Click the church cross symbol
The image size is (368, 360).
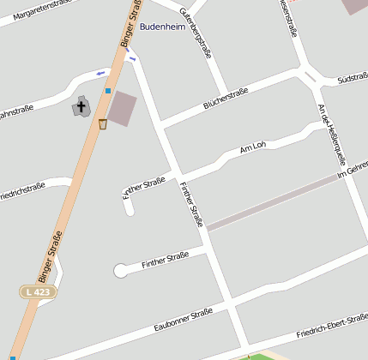tap(82, 107)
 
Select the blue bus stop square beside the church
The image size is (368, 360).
tap(108, 90)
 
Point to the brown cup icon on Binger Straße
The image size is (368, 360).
tap(103, 124)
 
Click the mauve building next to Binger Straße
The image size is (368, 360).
tap(121, 108)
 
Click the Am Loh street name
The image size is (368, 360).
tap(253, 147)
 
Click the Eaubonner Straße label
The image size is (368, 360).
tap(183, 321)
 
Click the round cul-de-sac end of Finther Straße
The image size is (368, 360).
tap(120, 271)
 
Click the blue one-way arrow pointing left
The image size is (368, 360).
tap(100, 73)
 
